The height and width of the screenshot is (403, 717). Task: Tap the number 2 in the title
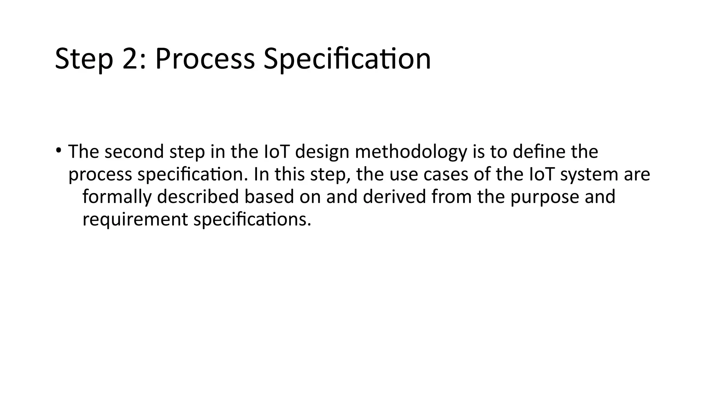(131, 59)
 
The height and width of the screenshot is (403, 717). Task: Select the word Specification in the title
(347, 59)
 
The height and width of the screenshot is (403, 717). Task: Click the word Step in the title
(84, 59)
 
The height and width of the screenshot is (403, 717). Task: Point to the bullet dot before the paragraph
(58, 151)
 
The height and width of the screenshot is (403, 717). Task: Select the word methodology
(411, 152)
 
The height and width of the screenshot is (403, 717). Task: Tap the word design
(322, 152)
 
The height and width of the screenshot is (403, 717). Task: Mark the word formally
(117, 197)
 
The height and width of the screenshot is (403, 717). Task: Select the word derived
(394, 197)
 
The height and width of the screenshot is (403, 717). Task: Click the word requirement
(135, 219)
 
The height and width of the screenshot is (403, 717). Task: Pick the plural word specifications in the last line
(252, 219)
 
